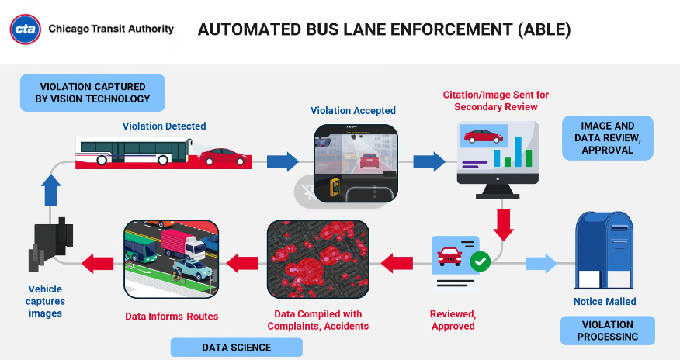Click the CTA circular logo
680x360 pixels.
(x=26, y=29)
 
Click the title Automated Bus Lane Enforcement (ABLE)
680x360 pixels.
(x=384, y=29)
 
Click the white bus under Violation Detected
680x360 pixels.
(x=133, y=151)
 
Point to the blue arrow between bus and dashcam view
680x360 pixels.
(x=283, y=161)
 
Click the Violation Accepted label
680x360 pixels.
(x=353, y=111)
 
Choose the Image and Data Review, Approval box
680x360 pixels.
(x=608, y=138)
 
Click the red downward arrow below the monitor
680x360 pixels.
(x=504, y=224)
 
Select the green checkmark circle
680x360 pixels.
(x=480, y=261)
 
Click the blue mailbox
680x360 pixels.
(x=604, y=250)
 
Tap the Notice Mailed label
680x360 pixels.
(x=605, y=301)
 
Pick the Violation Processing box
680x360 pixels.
(x=607, y=331)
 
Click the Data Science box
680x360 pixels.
(x=236, y=347)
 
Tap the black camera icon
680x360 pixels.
(x=51, y=240)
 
